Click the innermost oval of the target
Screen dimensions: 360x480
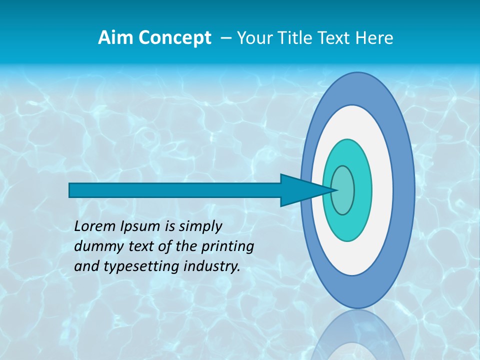343,190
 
